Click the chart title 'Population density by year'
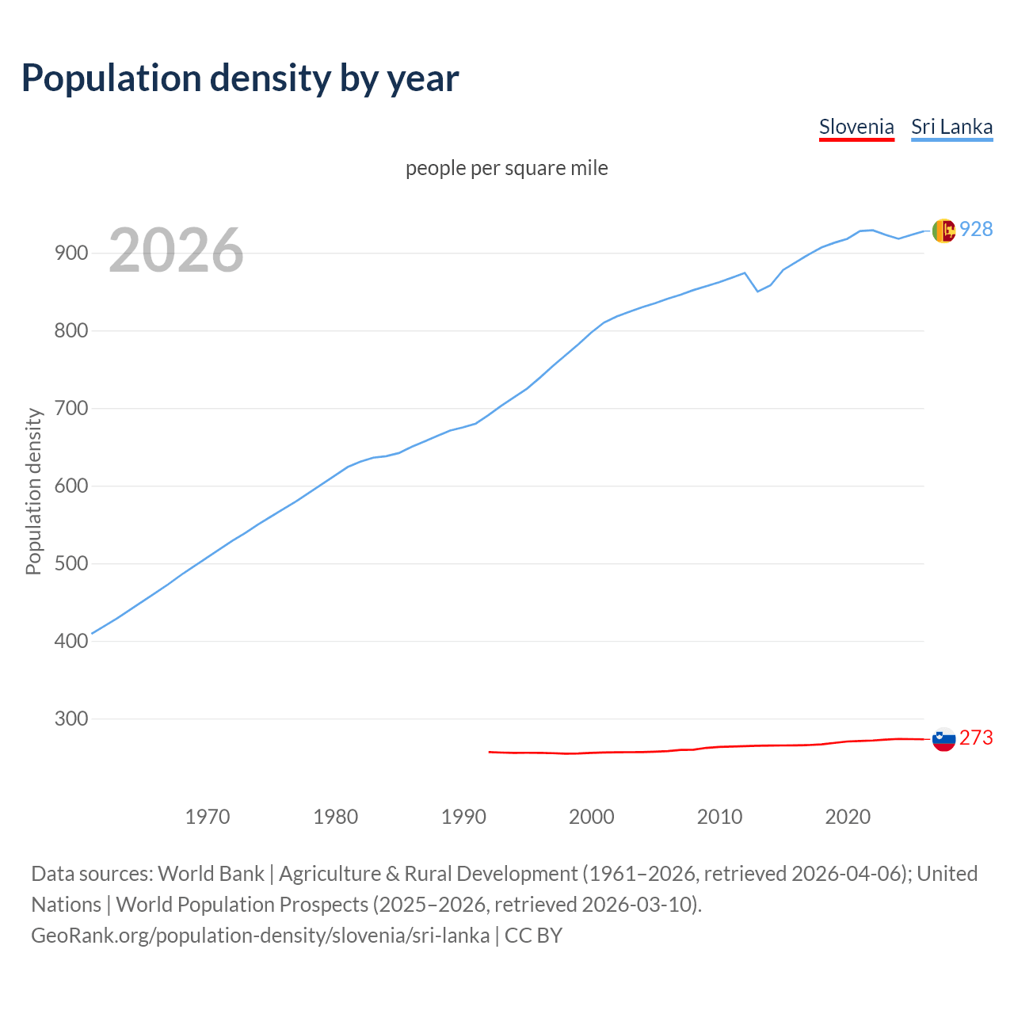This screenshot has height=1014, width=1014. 240,78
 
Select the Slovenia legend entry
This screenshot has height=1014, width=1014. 856,127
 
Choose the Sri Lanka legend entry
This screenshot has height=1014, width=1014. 951,127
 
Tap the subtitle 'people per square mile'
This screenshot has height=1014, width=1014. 506,168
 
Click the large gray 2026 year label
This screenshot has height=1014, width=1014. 176,250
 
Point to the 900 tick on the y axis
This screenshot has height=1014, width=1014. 70,253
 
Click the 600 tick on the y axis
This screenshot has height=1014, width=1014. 70,486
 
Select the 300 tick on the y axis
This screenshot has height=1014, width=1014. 70,719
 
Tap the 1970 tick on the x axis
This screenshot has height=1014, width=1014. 208,817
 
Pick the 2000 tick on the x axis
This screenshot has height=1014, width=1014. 592,817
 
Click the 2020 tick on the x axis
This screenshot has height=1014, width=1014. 848,817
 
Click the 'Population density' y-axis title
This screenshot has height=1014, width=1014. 33,491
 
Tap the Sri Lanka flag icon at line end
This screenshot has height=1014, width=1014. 943,231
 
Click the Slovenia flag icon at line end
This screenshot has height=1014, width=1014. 943,739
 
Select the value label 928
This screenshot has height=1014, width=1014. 976,229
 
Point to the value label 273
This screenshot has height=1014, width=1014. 976,738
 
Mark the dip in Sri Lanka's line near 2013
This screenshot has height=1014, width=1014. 757,291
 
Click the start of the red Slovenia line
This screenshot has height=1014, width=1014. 490,752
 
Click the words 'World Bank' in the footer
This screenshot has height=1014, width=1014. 211,874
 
